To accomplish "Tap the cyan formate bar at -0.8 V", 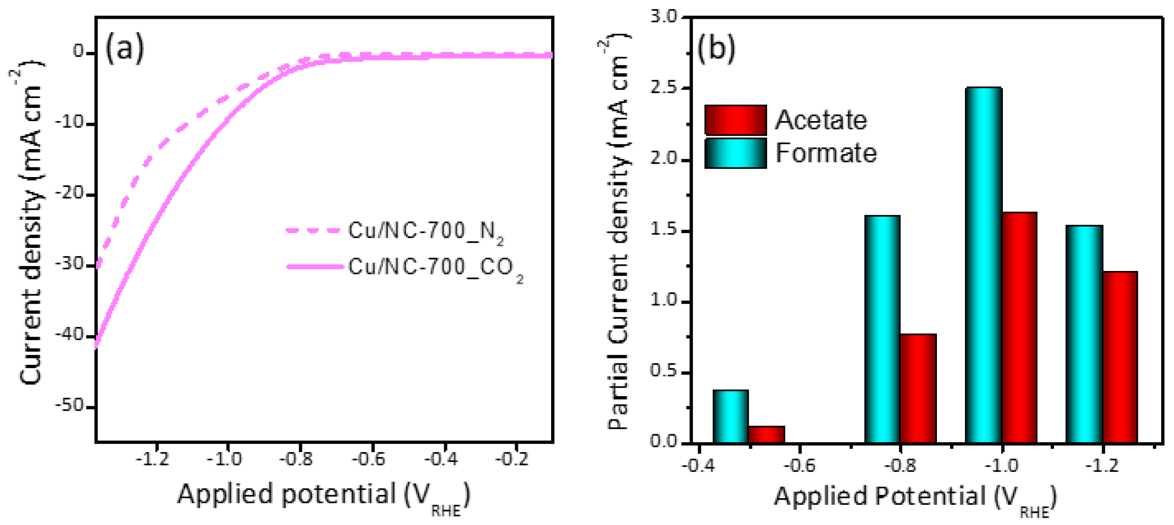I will click(882, 329).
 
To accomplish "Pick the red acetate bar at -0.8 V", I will click(918, 388).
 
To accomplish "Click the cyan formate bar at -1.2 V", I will click(1084, 334).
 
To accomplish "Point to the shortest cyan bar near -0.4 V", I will click(730, 416).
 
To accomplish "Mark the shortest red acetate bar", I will click(766, 434).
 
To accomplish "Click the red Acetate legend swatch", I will click(735, 120).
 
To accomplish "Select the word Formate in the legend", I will click(825, 153).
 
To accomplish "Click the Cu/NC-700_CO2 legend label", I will click(435, 268).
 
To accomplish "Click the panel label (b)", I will click(716, 48).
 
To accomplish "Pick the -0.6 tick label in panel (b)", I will click(799, 466).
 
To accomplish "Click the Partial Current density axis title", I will click(618, 232).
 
